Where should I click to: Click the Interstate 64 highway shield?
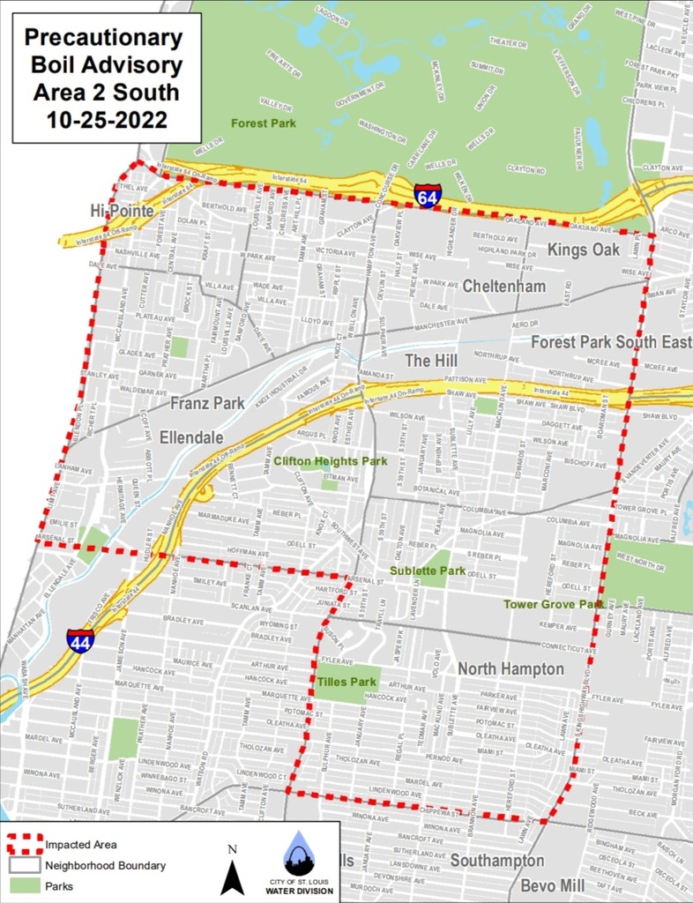click(x=428, y=194)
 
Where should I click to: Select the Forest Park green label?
click(x=263, y=123)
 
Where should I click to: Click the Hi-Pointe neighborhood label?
click(x=122, y=212)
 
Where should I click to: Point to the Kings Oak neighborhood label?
click(x=584, y=250)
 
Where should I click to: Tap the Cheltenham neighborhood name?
click(x=503, y=287)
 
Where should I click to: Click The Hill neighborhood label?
click(x=430, y=361)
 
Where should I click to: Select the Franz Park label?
click(x=207, y=404)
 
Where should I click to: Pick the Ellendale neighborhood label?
click(x=191, y=437)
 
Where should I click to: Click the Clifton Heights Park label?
click(x=331, y=461)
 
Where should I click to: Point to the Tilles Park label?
click(x=347, y=682)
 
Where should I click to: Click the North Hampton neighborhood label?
click(x=510, y=669)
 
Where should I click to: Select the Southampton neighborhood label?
click(x=497, y=860)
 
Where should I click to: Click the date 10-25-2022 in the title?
click(x=103, y=117)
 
